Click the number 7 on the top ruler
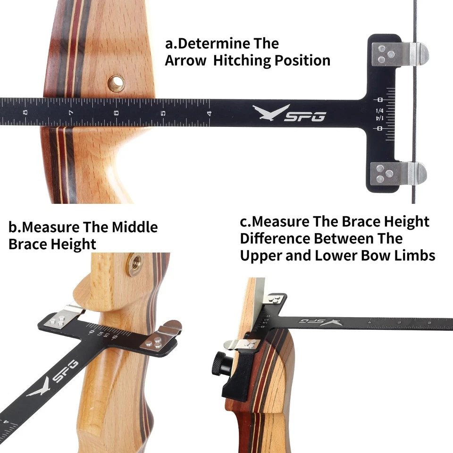(x=70, y=113)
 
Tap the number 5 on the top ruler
(x=163, y=113)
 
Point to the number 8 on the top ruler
(x=25, y=113)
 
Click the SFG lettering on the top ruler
(x=304, y=116)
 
